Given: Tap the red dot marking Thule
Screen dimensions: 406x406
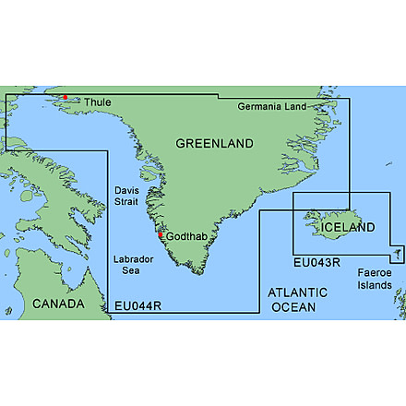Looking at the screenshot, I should point(66,97).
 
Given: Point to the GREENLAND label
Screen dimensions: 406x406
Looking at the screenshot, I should point(214,145).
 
